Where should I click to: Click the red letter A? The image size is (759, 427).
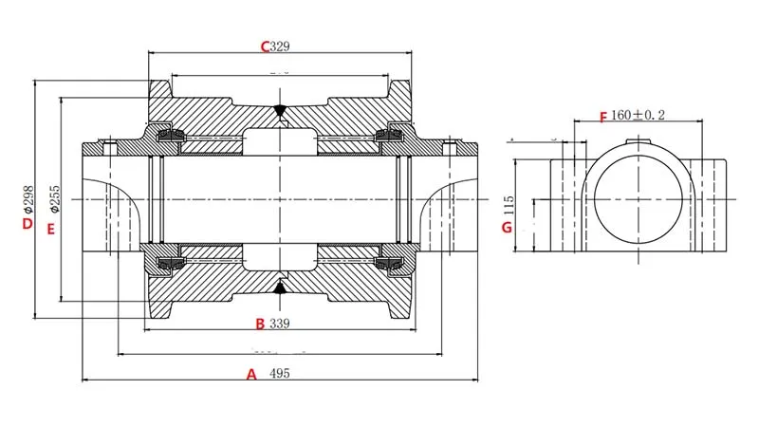click(251, 374)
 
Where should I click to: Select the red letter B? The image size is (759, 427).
click(260, 324)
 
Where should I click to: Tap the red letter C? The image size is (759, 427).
click(267, 46)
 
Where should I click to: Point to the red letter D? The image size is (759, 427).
click(28, 224)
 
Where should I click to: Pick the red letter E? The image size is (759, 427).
click(51, 229)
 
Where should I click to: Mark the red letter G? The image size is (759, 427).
click(507, 228)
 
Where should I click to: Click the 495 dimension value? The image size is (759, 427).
click(279, 374)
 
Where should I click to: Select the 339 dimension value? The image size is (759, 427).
click(279, 324)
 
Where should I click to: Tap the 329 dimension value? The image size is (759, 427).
click(281, 46)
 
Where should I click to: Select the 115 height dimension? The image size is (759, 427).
click(509, 204)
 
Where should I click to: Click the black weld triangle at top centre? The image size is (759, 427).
click(281, 111)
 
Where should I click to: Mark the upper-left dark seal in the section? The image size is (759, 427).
click(171, 138)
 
